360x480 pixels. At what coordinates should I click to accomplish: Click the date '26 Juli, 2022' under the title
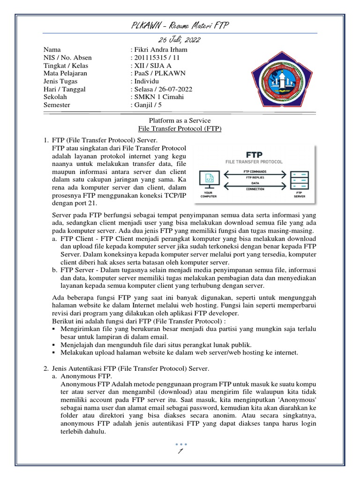pos(180,39)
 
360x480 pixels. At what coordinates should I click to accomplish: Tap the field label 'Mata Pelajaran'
pos(65,73)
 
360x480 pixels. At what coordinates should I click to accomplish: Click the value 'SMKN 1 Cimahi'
pos(159,97)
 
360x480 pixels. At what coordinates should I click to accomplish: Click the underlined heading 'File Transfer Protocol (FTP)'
pos(180,128)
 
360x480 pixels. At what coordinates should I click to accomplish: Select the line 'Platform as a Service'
pos(180,120)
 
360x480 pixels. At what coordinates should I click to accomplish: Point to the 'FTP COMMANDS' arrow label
pos(255,172)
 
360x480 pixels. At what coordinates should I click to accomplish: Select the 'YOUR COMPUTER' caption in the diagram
pos(209,194)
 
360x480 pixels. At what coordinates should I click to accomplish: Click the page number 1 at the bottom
pos(180,451)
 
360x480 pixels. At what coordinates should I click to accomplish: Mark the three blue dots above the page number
pos(180,443)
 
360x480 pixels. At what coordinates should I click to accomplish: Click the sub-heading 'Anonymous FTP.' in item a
pos(86,376)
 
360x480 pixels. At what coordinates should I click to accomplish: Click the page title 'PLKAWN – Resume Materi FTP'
pos(180,25)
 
